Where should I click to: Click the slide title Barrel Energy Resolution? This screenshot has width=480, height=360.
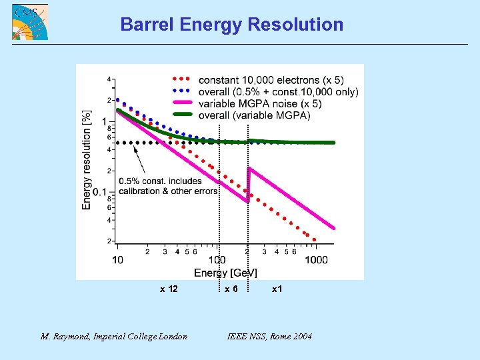click(231, 25)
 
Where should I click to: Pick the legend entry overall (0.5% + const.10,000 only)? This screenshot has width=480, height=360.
click(278, 92)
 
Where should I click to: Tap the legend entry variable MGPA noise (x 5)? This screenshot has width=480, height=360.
click(260, 103)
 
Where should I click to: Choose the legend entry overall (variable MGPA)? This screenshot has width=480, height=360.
click(254, 115)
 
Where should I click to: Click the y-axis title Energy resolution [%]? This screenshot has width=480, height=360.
click(87, 160)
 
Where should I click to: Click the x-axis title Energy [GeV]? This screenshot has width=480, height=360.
click(225, 272)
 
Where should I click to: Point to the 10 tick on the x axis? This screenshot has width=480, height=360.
click(117, 259)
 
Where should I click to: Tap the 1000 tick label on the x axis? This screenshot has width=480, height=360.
click(316, 259)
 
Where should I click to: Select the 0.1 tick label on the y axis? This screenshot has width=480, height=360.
click(99, 192)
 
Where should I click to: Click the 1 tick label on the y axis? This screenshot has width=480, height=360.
click(104, 121)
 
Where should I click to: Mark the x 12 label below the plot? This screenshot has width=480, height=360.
click(168, 289)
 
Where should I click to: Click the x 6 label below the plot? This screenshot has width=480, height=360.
click(231, 289)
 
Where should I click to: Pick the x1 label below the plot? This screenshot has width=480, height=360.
click(277, 289)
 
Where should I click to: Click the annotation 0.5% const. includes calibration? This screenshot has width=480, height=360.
click(168, 186)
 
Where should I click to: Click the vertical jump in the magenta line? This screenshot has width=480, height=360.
click(248, 184)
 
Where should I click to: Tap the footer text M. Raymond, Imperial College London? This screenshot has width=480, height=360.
click(114, 336)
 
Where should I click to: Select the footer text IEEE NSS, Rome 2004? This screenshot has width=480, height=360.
click(269, 336)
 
